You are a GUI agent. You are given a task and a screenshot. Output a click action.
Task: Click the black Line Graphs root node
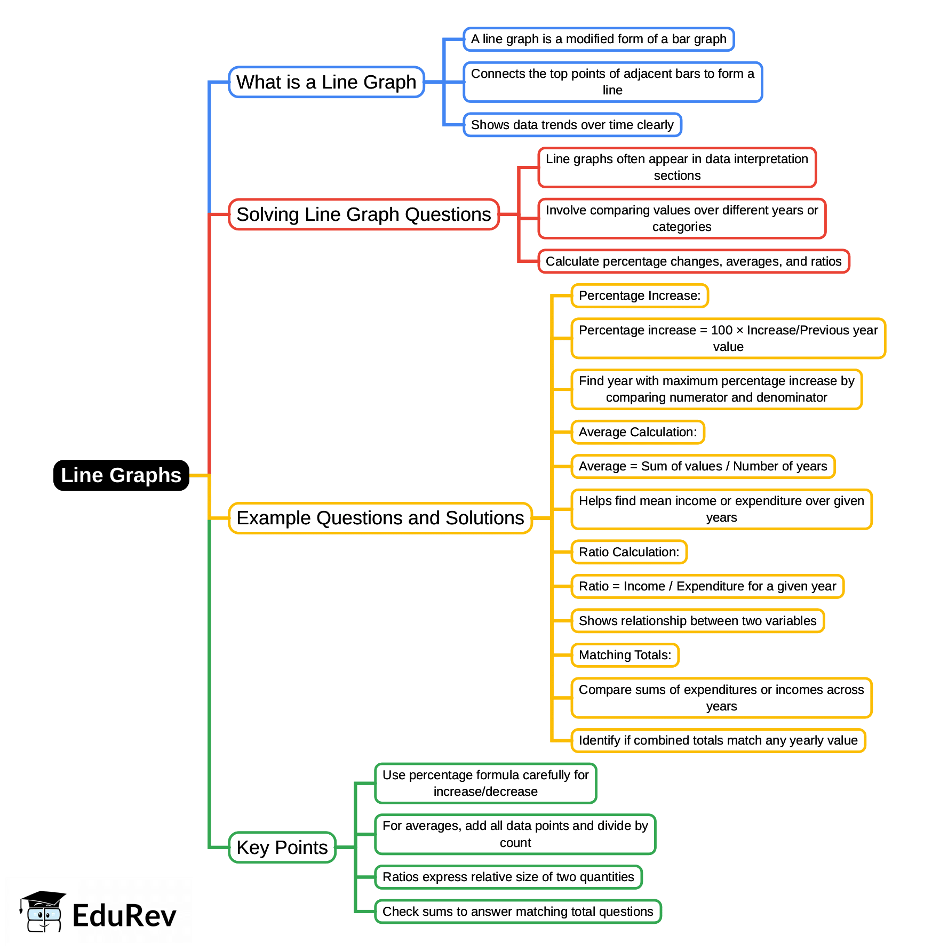point(121,475)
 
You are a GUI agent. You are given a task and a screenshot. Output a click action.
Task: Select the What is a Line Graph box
point(326,82)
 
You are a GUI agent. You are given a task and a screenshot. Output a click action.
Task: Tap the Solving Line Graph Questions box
point(363,214)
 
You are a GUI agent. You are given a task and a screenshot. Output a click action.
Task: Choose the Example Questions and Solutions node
point(380,518)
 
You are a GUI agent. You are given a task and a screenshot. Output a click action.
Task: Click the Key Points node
point(282,847)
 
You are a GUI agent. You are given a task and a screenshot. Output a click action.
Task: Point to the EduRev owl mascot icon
point(43,912)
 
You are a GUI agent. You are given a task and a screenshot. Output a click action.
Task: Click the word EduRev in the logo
point(124,916)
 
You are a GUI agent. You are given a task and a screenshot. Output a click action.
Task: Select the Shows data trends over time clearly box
point(572,125)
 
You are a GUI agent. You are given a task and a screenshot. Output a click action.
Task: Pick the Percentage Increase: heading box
point(639,295)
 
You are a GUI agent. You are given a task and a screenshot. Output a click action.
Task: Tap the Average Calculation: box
point(638,432)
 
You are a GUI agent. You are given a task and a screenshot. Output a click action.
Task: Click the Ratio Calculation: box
point(628,552)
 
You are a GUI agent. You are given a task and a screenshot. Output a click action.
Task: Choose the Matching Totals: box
point(625,655)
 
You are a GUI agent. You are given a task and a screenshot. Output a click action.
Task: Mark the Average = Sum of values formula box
point(703,466)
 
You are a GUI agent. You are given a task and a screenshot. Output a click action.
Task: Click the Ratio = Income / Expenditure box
point(707,586)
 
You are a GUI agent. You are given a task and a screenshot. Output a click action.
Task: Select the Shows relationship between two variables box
point(697,621)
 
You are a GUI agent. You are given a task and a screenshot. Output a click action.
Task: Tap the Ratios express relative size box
point(508,877)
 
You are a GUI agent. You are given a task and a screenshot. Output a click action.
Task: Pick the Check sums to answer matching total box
point(517,912)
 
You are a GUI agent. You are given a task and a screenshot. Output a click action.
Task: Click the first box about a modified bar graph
point(598,39)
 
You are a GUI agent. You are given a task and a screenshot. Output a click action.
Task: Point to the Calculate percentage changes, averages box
point(693,261)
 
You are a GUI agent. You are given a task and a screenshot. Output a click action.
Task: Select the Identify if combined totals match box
point(718,740)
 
